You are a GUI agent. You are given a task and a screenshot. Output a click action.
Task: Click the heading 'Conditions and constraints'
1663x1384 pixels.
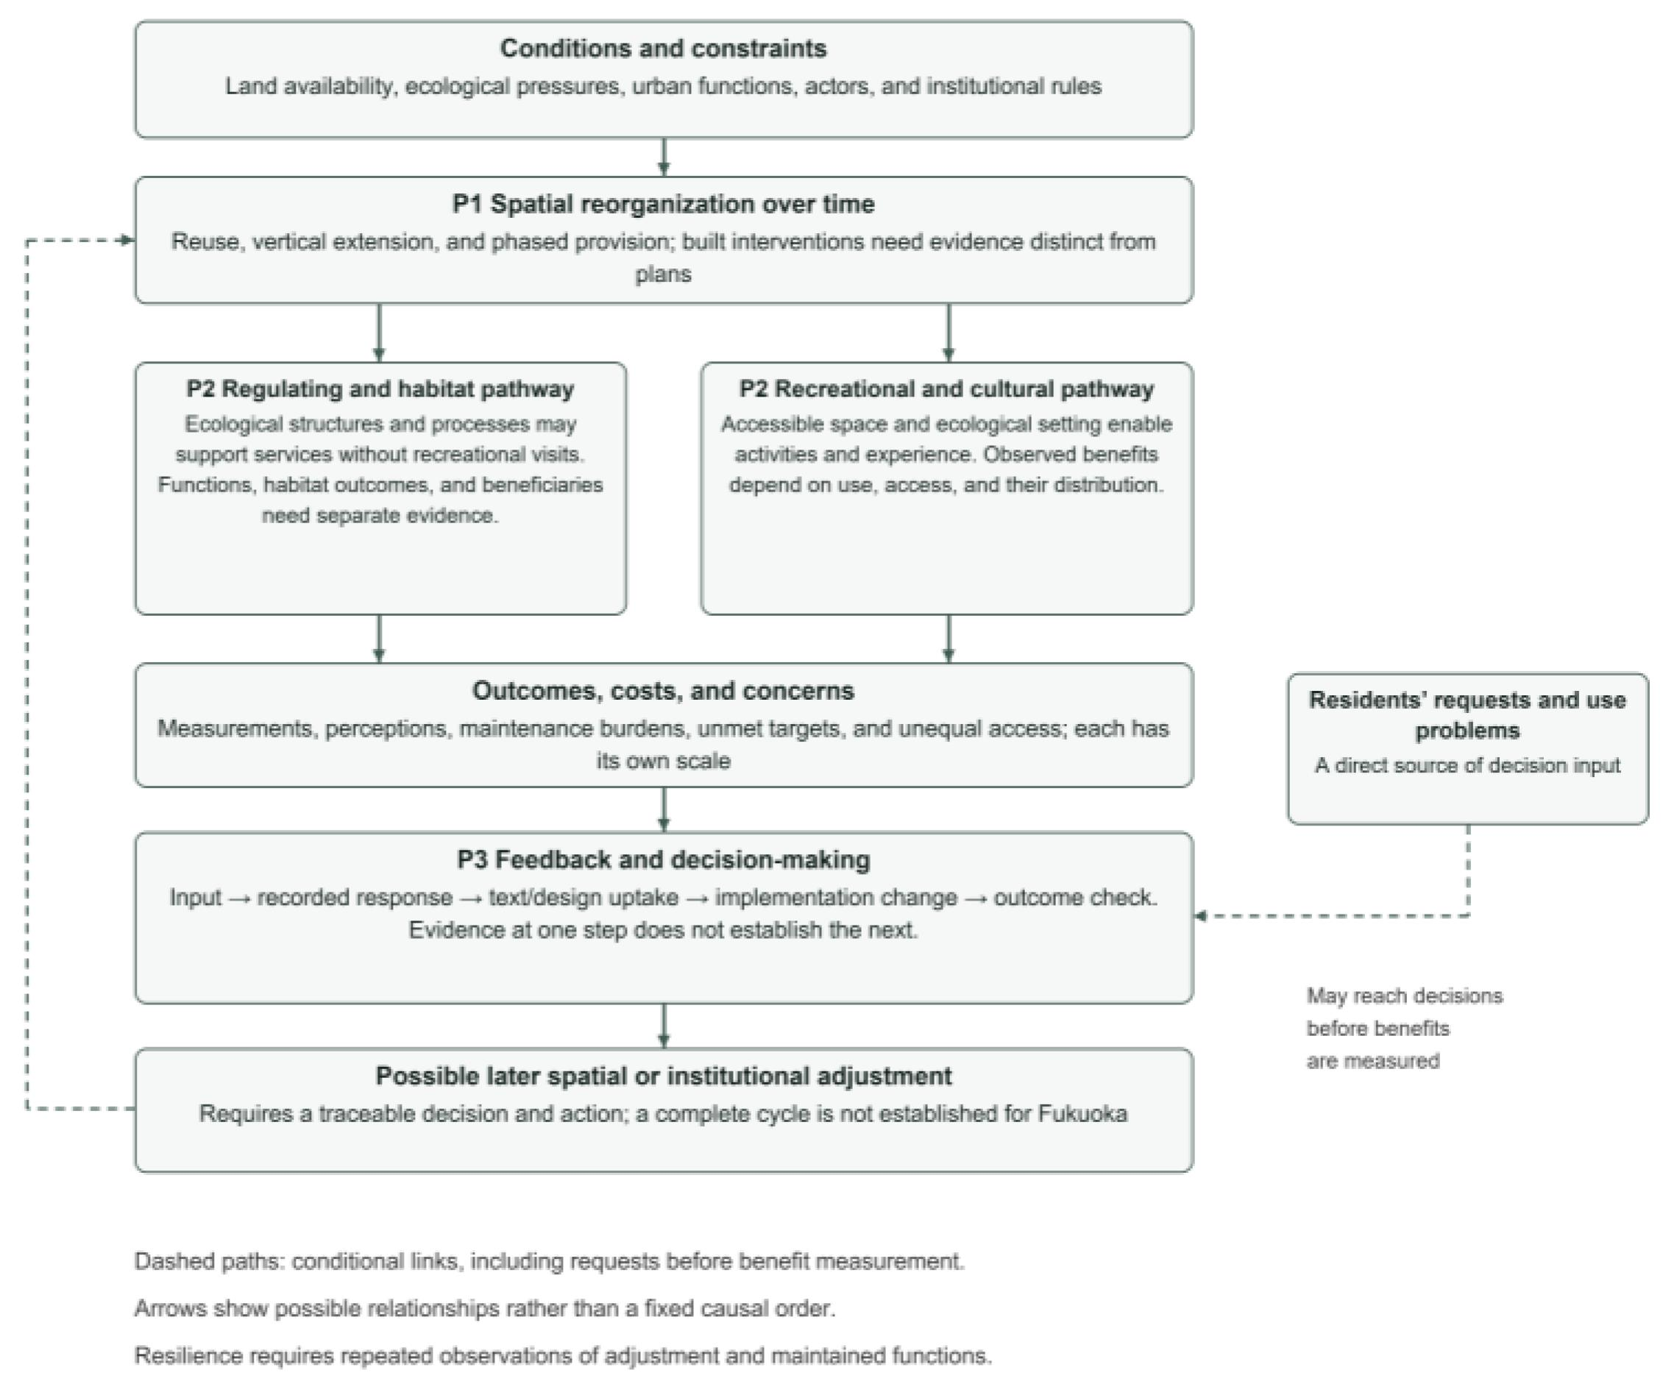click(x=664, y=49)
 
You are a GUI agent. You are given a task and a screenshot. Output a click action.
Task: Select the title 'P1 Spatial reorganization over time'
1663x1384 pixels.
click(x=664, y=204)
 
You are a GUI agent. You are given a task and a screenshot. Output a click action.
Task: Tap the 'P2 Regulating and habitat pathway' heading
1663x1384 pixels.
click(x=380, y=388)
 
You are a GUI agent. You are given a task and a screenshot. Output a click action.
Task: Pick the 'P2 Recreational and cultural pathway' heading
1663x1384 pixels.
click(x=946, y=388)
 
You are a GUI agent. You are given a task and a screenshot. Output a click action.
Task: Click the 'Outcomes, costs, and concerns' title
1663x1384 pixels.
click(x=664, y=690)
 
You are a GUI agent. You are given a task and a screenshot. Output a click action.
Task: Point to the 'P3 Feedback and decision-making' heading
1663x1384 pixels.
click(x=664, y=859)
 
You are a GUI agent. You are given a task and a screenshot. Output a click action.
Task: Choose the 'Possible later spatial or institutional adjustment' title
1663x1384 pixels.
click(x=664, y=1076)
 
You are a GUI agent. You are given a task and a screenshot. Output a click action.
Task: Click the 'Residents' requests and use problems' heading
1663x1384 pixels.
click(x=1467, y=715)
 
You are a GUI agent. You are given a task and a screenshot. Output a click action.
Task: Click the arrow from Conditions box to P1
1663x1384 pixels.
click(x=664, y=157)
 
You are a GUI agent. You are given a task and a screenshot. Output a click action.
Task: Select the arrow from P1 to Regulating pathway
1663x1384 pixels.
click(x=379, y=333)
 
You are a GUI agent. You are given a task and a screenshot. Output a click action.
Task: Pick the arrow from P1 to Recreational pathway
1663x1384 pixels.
click(x=948, y=333)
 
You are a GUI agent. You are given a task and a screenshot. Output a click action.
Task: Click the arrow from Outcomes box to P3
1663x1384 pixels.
click(x=664, y=809)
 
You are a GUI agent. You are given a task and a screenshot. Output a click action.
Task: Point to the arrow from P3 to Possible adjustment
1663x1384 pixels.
click(x=664, y=1026)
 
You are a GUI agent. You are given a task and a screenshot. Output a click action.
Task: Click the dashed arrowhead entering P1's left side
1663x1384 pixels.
click(x=127, y=240)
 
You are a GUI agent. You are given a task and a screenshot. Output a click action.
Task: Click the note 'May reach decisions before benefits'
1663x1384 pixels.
click(x=1404, y=1012)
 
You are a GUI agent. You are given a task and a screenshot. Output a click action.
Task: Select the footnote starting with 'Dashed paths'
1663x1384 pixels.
click(x=550, y=1261)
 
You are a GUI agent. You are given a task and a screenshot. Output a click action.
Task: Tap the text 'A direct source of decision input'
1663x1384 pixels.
click(x=1467, y=766)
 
